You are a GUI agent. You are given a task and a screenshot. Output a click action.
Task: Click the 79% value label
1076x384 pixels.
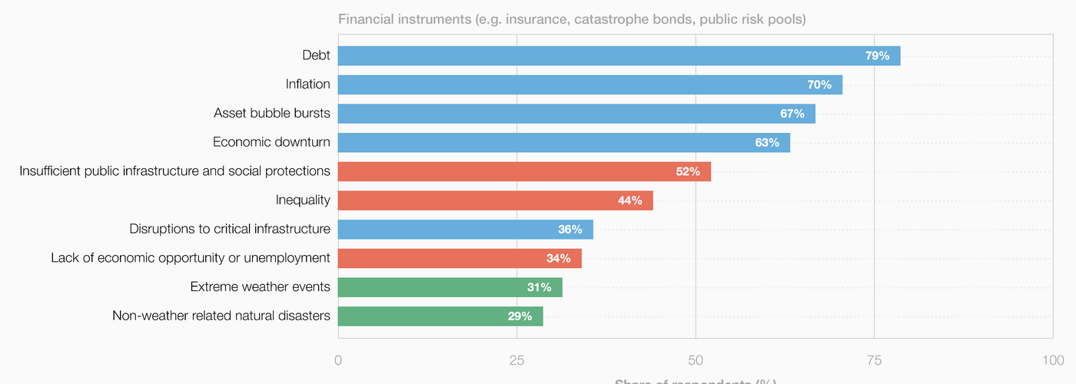(x=877, y=55)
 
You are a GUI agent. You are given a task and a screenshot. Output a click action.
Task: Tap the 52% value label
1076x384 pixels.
(x=688, y=171)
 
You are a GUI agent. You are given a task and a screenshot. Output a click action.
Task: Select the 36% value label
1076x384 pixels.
(x=570, y=230)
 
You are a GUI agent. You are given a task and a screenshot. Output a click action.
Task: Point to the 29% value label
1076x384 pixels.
(x=520, y=316)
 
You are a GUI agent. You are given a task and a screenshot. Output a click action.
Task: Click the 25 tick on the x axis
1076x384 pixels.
(x=516, y=360)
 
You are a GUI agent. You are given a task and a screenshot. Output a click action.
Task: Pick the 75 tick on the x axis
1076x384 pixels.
(x=874, y=360)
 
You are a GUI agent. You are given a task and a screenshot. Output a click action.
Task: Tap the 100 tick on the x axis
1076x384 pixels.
(x=1053, y=360)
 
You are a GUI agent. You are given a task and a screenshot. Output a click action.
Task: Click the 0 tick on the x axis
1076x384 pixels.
(x=338, y=360)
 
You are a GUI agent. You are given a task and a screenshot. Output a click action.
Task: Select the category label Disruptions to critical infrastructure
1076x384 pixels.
(x=230, y=229)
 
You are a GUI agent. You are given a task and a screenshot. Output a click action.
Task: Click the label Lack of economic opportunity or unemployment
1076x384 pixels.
(x=191, y=258)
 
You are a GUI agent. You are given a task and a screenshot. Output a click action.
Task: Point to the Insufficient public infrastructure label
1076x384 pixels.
(x=174, y=170)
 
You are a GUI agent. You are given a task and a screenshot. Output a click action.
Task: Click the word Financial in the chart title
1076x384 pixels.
(x=366, y=19)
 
